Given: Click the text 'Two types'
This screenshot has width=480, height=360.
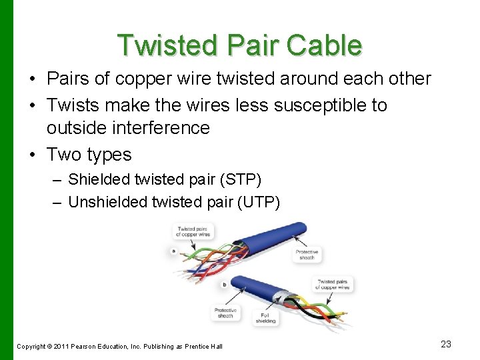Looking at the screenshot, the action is tap(89, 154).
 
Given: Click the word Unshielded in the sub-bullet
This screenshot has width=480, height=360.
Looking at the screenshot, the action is tap(109, 201).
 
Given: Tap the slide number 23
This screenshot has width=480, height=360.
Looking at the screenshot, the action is tap(446, 344).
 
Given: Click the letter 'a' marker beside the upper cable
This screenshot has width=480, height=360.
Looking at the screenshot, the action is tap(173, 252).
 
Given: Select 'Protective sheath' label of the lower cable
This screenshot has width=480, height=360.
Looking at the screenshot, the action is tap(225, 312).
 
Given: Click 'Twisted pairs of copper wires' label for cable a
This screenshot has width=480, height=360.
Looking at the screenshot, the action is tap(193, 232).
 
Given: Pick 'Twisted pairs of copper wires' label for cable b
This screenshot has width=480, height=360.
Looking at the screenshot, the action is tap(335, 284).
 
